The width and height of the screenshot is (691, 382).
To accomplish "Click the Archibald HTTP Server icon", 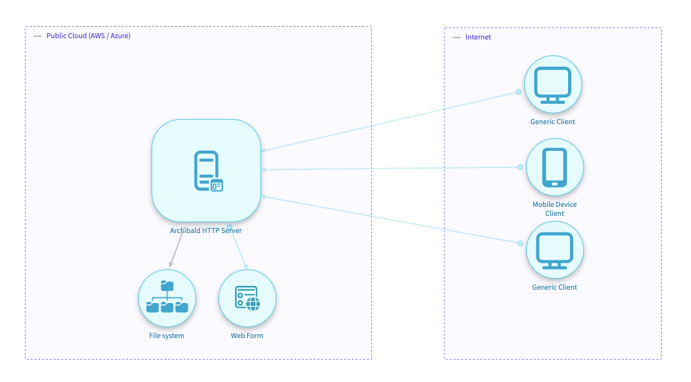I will (x=206, y=171).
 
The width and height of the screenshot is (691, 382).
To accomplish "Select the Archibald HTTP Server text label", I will (x=206, y=230).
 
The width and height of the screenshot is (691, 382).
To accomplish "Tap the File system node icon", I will (x=167, y=298).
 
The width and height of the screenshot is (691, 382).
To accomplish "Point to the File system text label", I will (x=167, y=336).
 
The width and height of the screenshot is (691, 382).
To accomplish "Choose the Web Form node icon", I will (x=247, y=298).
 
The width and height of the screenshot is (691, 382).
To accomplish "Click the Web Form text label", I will (x=247, y=336).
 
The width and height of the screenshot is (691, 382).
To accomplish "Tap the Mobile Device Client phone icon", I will (x=554, y=167).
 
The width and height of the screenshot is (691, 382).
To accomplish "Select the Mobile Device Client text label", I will (x=554, y=209).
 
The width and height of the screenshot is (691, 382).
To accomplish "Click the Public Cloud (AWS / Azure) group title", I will (x=89, y=36).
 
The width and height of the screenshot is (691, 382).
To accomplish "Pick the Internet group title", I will (x=478, y=37).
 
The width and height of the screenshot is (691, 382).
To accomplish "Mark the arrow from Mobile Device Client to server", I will (x=388, y=169).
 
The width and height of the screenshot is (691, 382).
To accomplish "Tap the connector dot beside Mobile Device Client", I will (x=520, y=167).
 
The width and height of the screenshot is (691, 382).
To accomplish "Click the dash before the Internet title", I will (x=457, y=38).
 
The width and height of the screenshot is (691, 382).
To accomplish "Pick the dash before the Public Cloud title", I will (x=38, y=36).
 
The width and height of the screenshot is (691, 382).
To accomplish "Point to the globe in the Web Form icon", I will (x=253, y=303).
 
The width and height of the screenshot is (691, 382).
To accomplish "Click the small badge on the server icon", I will (x=217, y=186).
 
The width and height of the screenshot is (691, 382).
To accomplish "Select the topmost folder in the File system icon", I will (x=167, y=286).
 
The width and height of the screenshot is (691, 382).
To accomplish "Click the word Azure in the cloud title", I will (x=119, y=36).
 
